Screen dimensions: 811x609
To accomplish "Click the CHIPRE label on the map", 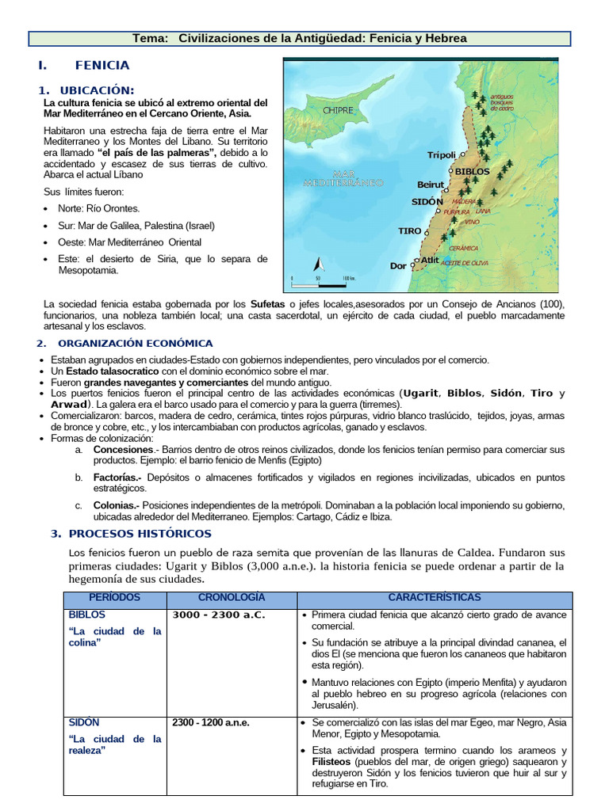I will click(338, 110).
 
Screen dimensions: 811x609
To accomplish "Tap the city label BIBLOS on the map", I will click(473, 170).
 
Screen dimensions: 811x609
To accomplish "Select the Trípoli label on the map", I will click(442, 155).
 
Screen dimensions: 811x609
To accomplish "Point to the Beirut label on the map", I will click(431, 185).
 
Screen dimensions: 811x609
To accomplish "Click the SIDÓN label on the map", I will click(427, 202).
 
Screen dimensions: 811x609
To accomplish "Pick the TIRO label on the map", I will click(410, 231).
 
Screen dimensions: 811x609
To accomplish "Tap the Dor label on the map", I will click(398, 266).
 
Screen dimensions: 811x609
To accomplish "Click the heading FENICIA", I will click(102, 65).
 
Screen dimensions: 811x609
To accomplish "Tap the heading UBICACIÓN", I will click(98, 90).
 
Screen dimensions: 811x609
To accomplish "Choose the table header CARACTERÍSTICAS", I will click(434, 597).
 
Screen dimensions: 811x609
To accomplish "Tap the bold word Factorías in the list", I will click(116, 478).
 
